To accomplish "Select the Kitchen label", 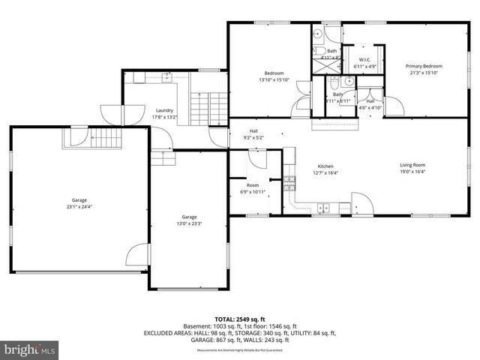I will click(325, 166).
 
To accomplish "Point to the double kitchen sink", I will click(324, 207).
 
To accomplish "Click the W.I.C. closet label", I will click(365, 59).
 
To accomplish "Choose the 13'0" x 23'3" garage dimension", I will click(188, 223).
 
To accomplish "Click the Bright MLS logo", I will click(30, 349).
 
